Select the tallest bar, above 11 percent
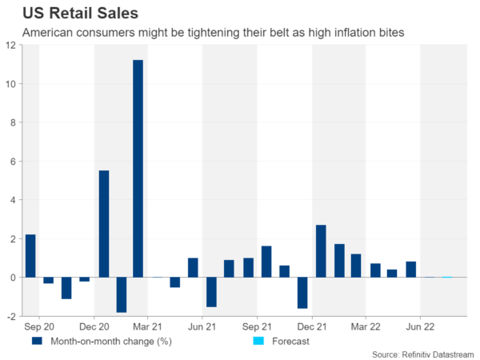click(138, 168)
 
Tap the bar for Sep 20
click(30, 255)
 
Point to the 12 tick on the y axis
click(10, 46)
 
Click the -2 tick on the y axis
click(10, 316)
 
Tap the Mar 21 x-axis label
click(148, 326)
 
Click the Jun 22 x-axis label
click(420, 326)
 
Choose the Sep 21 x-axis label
click(257, 326)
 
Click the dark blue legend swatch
click(36, 340)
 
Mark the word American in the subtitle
click(49, 34)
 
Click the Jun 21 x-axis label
click(202, 326)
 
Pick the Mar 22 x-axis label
click(366, 326)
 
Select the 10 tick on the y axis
click(10, 84)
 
